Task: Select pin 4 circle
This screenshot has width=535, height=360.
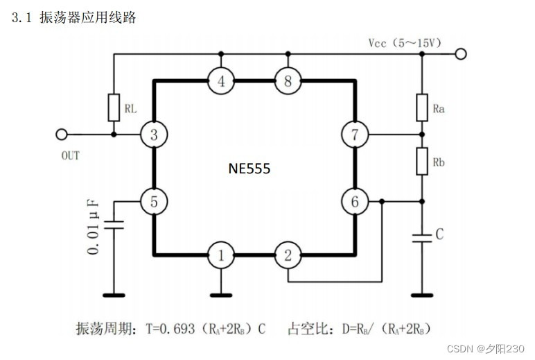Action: [x=221, y=81]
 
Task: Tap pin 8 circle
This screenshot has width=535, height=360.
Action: [x=288, y=81]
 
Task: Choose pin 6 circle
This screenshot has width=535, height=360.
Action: [x=354, y=202]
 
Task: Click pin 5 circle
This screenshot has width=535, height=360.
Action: [x=153, y=202]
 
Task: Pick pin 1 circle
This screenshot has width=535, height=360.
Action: [x=221, y=256]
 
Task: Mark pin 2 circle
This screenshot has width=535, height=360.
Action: [x=288, y=256]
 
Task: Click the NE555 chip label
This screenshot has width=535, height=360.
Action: [x=249, y=168]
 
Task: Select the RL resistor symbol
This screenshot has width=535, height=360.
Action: [x=114, y=108]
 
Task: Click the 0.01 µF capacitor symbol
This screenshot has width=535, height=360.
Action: [x=114, y=225]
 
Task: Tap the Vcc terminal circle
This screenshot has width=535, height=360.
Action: [x=461, y=53]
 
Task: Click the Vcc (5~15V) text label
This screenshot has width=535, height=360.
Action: [x=404, y=43]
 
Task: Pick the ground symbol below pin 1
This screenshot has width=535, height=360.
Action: [x=221, y=294]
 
